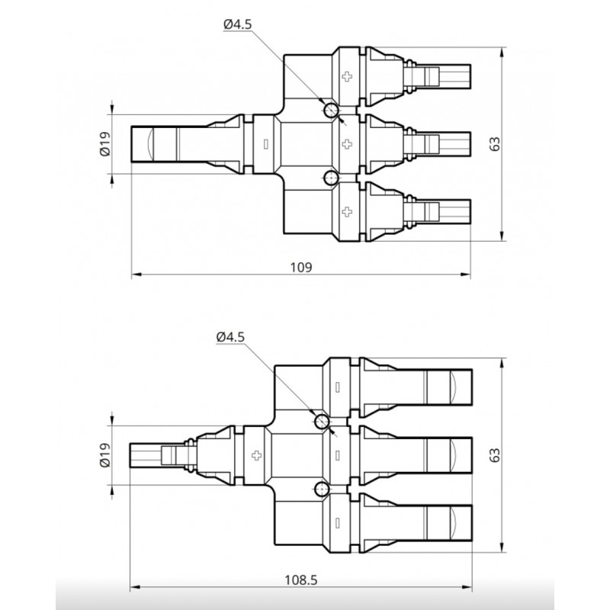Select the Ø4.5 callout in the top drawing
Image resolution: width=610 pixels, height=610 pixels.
click(238, 25)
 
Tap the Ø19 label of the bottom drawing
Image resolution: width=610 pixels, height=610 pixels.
click(104, 455)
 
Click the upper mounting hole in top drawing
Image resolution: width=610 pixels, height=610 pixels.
click(331, 111)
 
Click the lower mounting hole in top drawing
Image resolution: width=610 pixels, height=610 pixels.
click(331, 178)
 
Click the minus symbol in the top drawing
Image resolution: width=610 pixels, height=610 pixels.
click(265, 143)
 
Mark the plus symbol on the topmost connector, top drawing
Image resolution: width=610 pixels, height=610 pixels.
click(348, 76)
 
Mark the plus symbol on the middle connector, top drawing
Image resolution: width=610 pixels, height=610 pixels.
click(348, 143)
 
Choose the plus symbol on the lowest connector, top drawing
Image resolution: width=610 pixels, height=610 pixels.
click(348, 210)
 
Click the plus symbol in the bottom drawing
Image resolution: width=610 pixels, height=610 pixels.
click(255, 455)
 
